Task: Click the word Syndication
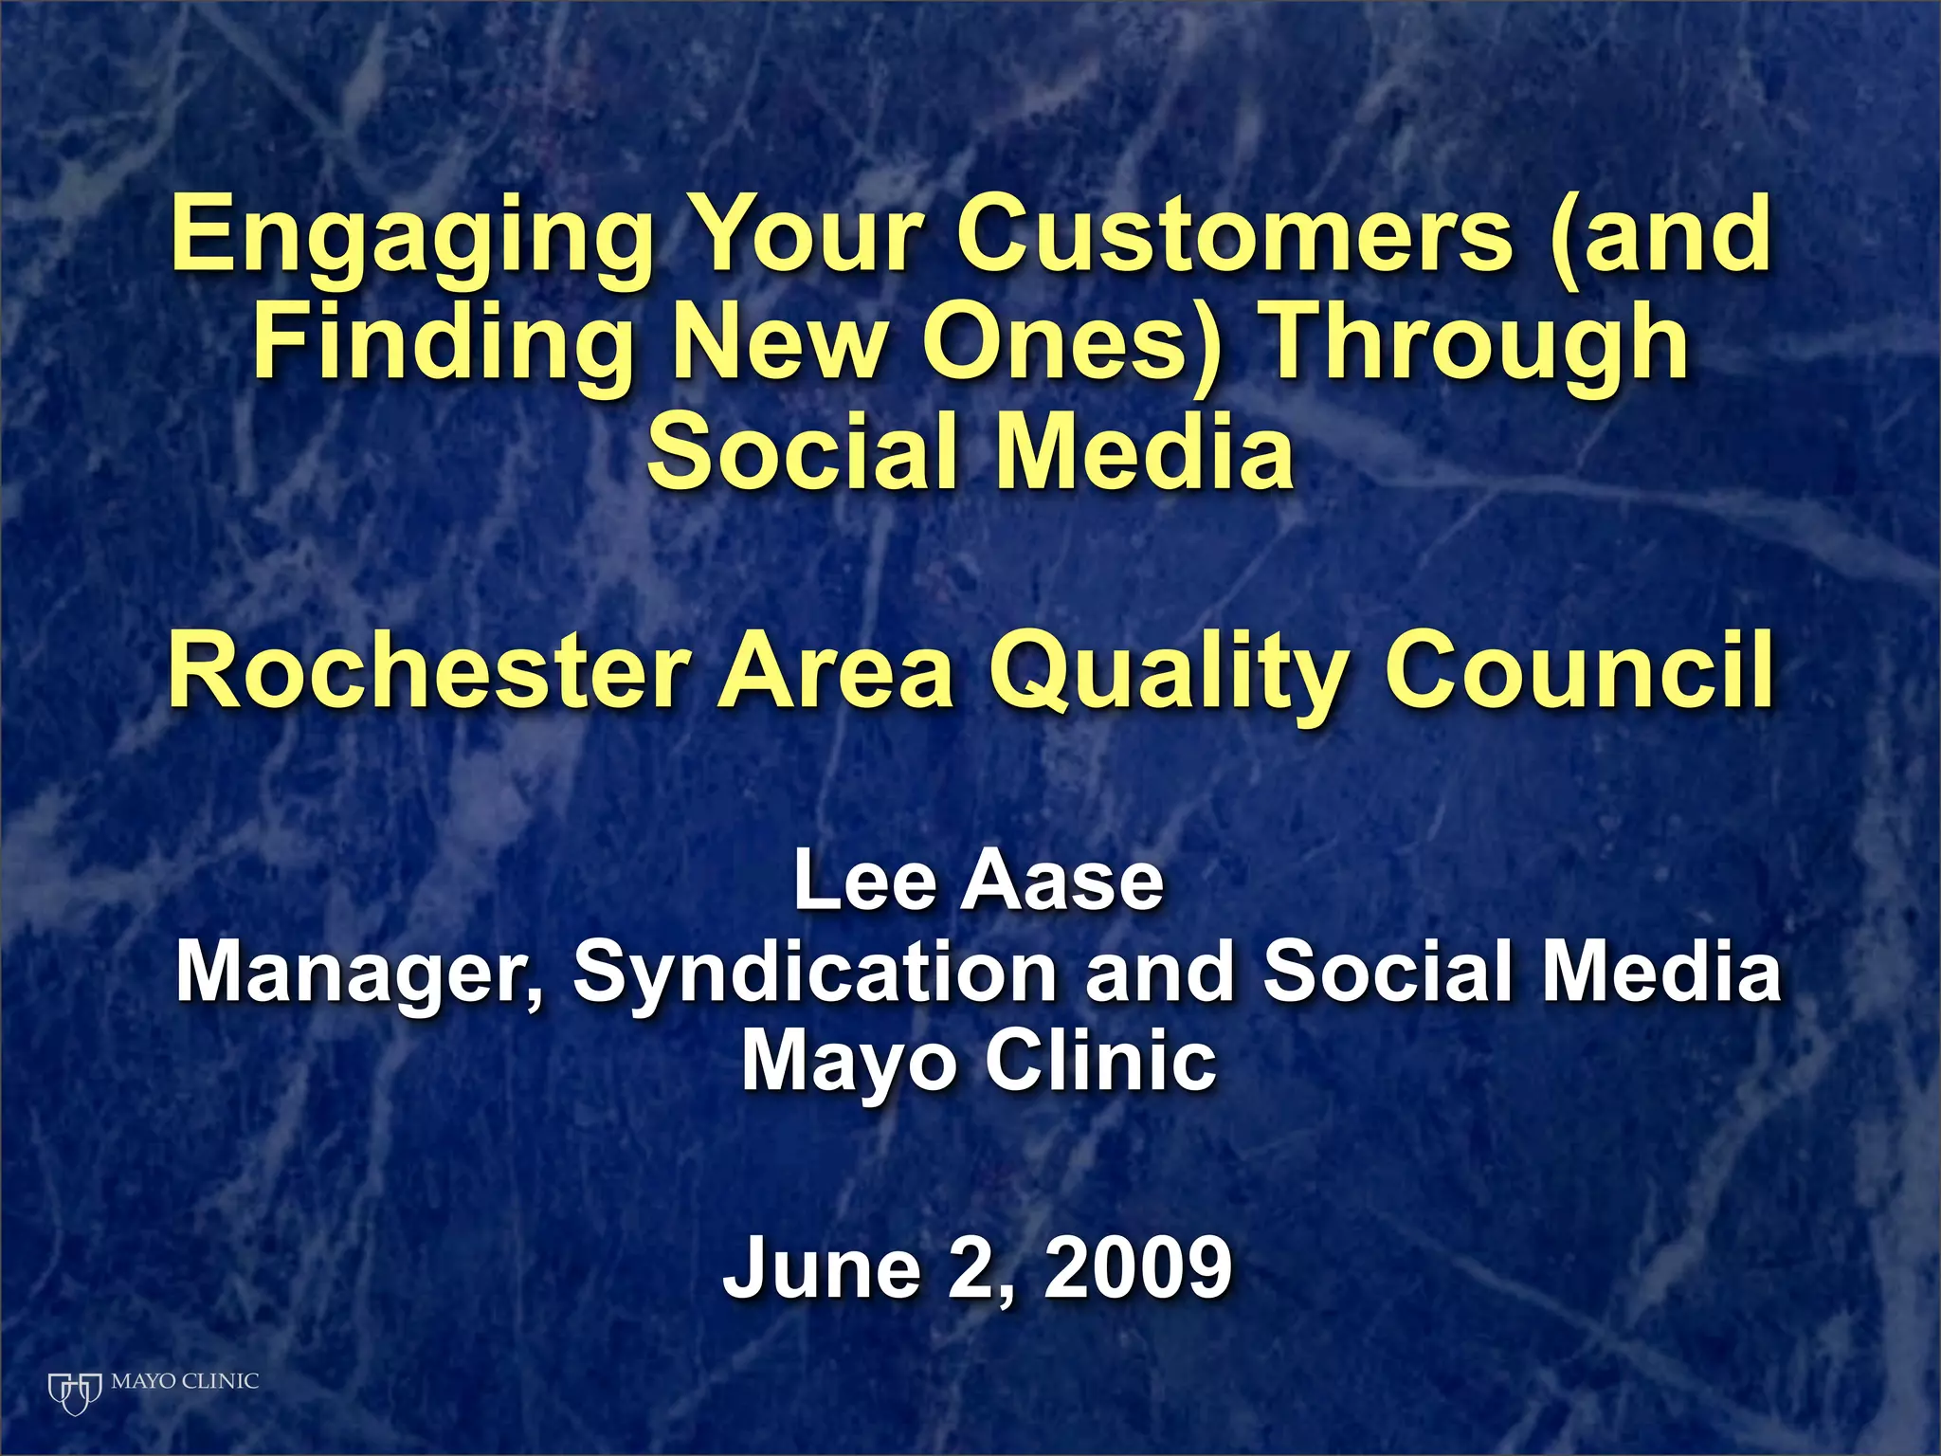(x=814, y=973)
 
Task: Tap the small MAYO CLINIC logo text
(x=185, y=1381)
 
